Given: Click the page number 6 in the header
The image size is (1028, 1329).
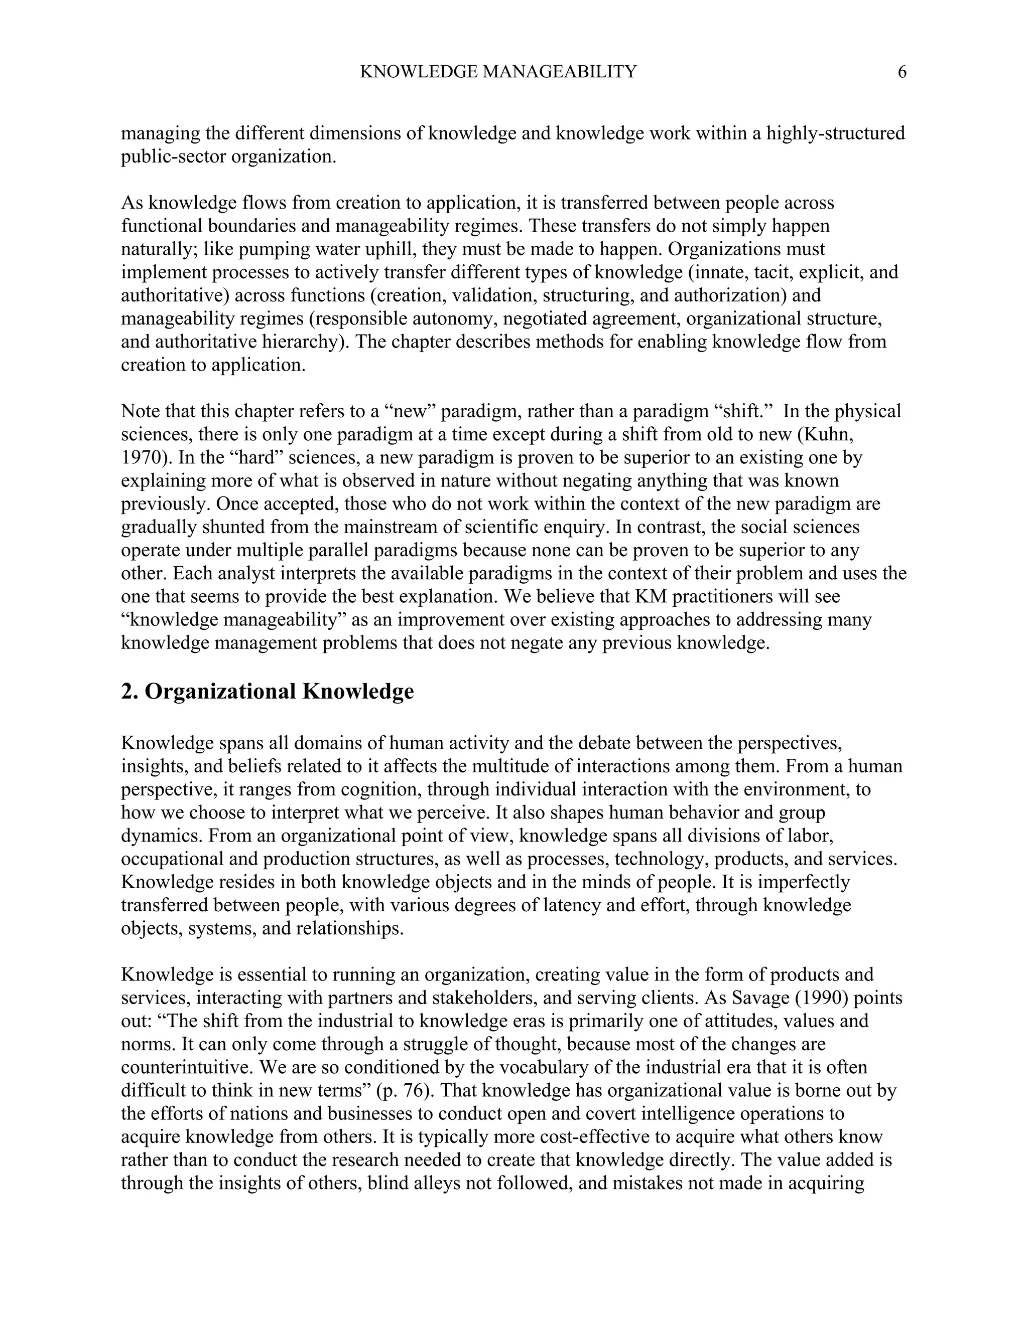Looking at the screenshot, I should tap(902, 72).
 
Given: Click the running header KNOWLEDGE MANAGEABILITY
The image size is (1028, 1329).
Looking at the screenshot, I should tap(498, 72).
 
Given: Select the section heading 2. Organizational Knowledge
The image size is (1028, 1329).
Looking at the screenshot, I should tap(268, 692).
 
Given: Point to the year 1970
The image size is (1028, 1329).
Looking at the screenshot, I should tap(140, 457).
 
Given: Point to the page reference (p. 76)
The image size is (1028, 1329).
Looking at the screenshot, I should tap(403, 1091).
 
